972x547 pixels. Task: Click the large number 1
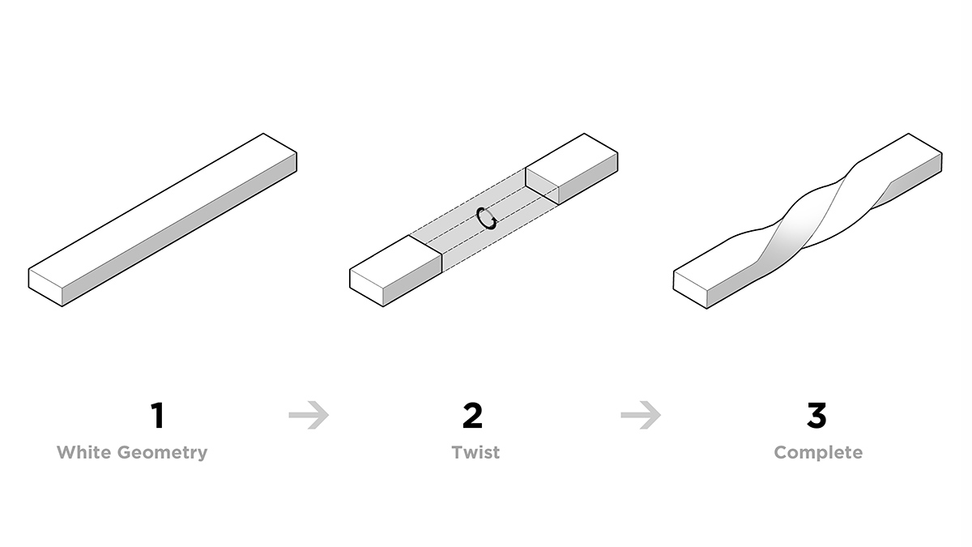coord(158,416)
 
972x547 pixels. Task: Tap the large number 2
coord(472,416)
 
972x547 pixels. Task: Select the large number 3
coord(816,416)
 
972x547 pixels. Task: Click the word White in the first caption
coord(84,452)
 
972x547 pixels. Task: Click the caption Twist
coord(475,452)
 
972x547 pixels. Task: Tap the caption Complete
coord(818,453)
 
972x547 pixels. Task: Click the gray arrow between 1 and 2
coord(309,415)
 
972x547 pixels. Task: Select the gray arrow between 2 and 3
coord(641,415)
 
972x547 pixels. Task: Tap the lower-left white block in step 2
coord(395,271)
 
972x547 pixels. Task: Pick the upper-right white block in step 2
coord(572,169)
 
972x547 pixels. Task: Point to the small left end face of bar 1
coord(45,288)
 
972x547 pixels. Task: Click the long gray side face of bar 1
coord(180,229)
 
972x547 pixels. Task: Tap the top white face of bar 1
coord(163,211)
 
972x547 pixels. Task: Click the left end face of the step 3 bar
coord(690,289)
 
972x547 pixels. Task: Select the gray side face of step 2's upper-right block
coord(588,178)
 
